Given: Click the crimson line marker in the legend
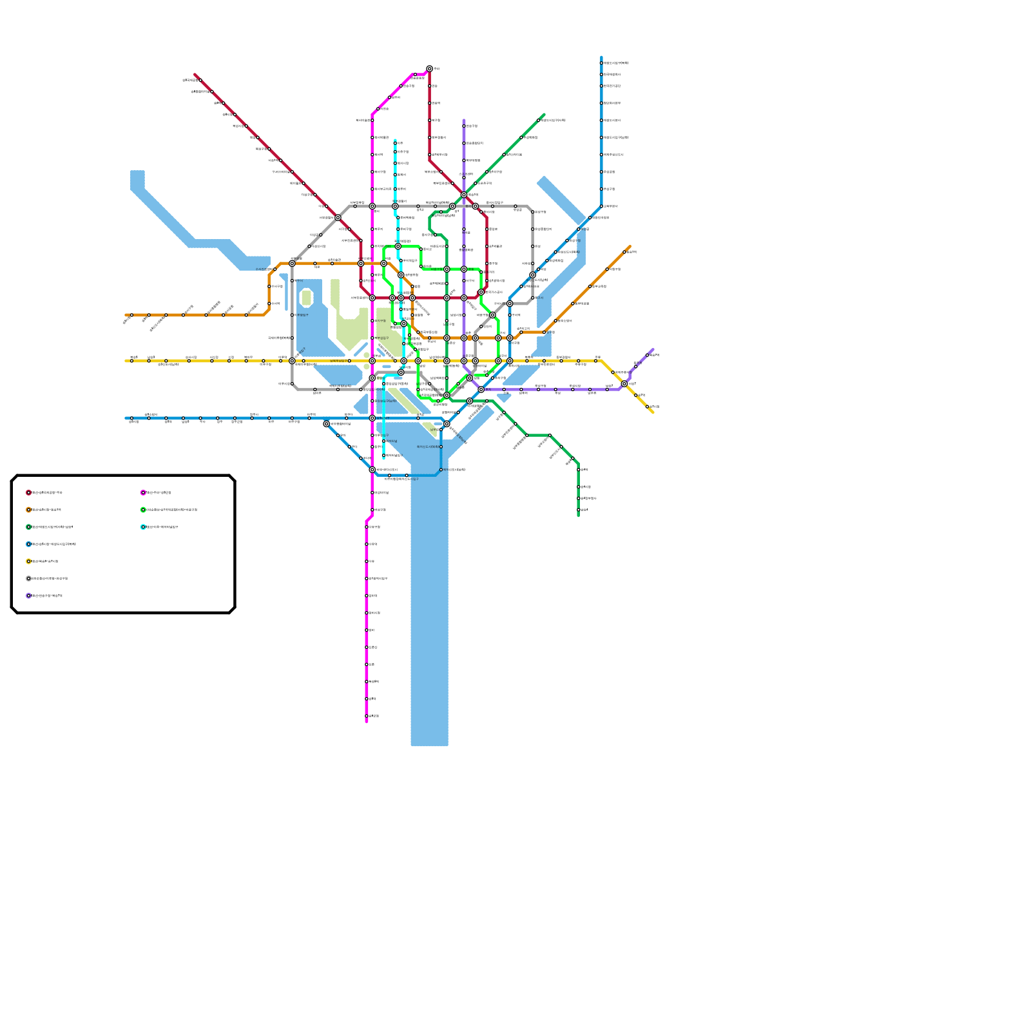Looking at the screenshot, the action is point(28,493).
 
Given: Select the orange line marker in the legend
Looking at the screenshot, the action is point(28,510).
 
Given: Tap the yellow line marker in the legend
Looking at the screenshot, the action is point(28,561).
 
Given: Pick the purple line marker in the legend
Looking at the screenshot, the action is point(28,596).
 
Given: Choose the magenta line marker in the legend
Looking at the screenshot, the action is point(143,493).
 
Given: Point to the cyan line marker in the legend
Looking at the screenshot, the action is point(143,527).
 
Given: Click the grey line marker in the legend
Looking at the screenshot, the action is point(28,579).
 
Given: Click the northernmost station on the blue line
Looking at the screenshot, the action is point(601,63).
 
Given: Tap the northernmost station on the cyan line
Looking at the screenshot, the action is point(395,143).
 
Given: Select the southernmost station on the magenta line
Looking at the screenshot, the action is point(367,716).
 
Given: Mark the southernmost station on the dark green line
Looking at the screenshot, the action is point(578,510).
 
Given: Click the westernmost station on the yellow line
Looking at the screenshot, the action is point(131,361).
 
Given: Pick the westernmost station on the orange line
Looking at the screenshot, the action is point(131,315).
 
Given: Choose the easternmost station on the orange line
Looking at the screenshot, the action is point(624,252).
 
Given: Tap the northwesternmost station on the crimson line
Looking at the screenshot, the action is point(200,80).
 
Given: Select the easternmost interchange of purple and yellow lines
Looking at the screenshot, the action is point(624,383).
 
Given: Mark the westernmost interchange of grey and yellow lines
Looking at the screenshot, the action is point(292,361).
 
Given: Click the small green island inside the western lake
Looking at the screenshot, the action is point(307,298).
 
